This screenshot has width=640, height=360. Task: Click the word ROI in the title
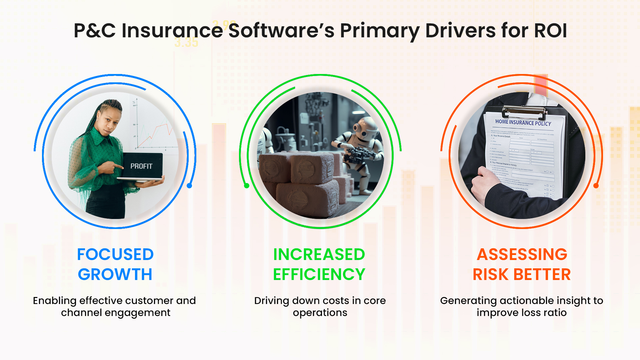(x=550, y=31)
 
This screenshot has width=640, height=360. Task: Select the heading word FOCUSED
(x=115, y=255)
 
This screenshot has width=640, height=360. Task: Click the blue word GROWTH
(x=115, y=275)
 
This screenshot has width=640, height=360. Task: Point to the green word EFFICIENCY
(x=319, y=275)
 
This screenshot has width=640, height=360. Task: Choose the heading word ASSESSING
(x=522, y=255)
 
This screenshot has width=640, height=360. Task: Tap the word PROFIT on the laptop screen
(x=141, y=166)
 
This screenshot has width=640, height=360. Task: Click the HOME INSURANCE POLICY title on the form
(x=523, y=123)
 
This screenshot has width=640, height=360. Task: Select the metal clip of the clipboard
(x=524, y=112)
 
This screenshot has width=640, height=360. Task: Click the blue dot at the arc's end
(x=189, y=186)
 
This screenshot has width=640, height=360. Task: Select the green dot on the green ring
(x=247, y=186)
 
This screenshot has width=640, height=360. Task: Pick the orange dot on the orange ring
(x=596, y=186)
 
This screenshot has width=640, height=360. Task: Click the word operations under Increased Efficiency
(x=320, y=313)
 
